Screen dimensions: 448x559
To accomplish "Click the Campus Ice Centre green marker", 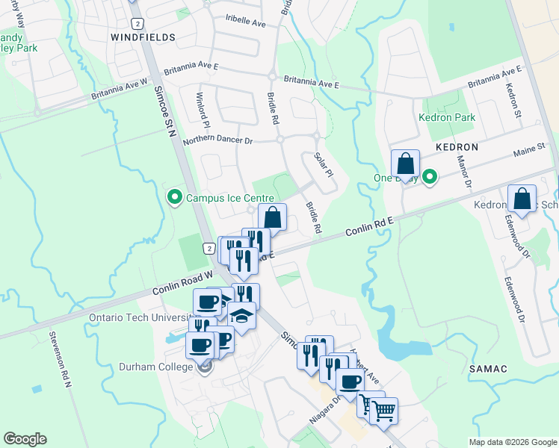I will click(x=175, y=198).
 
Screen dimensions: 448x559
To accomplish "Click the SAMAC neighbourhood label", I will click(x=489, y=369).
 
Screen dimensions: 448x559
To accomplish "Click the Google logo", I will click(x=25, y=438).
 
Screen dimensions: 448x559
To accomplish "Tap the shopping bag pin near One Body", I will click(x=405, y=164).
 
